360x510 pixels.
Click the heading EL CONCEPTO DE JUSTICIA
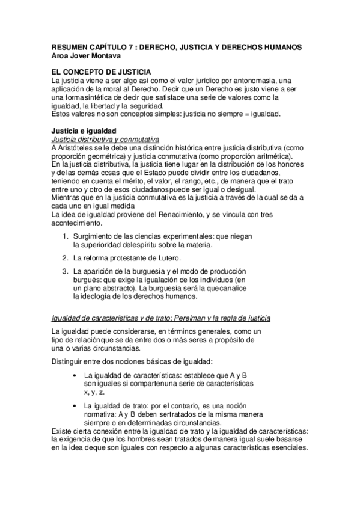pyautogui.click(x=100, y=72)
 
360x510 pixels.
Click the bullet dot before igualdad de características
pyautogui.click(x=73, y=376)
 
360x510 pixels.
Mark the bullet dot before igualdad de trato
pyautogui.click(x=73, y=406)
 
